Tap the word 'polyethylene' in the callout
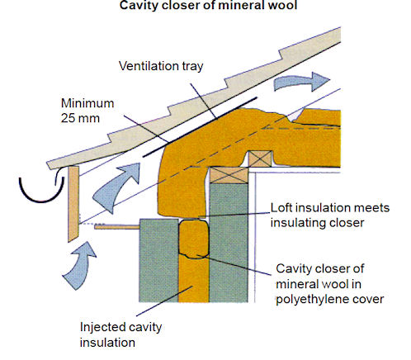(314, 298)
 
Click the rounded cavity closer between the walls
(192, 239)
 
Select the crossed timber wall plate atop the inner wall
(224, 172)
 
